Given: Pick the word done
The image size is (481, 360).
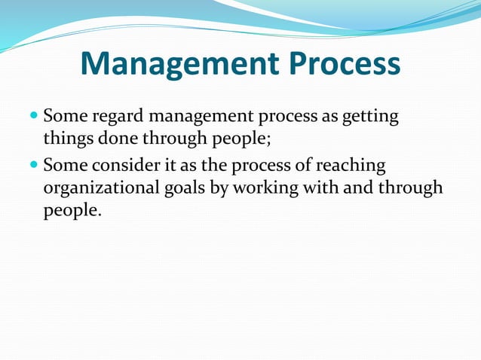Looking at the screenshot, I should (114, 140).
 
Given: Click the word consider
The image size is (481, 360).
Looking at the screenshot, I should (122, 165).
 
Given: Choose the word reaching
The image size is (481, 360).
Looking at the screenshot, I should (354, 165).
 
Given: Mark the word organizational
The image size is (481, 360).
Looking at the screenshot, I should (101, 188).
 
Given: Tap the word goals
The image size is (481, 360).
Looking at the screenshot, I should (185, 188).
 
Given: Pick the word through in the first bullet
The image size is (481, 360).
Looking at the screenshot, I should (178, 140).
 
